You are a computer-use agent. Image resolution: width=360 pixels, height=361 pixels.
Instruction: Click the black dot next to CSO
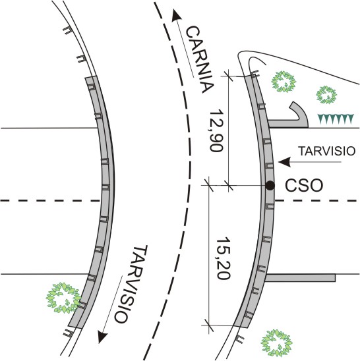point(270,185)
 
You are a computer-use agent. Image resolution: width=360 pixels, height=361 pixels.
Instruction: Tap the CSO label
point(304,186)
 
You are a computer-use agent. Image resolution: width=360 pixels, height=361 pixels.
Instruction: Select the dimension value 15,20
point(223,258)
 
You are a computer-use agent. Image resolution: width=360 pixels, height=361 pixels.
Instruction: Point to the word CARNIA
point(200,59)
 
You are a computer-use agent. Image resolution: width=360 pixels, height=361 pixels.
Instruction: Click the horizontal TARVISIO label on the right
point(327,151)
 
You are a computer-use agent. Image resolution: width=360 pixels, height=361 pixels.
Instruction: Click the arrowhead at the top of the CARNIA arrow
point(175,15)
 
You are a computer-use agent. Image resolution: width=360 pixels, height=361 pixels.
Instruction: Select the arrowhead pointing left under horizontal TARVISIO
point(284,162)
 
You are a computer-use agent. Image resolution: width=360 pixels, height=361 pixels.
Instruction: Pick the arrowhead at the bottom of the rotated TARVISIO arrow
point(102,337)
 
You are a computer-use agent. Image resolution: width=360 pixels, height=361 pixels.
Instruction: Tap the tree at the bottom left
point(63,298)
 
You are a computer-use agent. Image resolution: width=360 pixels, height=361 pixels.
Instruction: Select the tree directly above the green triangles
point(326,94)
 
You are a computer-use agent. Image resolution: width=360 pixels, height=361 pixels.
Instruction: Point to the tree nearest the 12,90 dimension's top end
point(284,82)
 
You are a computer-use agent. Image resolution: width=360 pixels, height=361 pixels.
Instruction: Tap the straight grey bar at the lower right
point(300,277)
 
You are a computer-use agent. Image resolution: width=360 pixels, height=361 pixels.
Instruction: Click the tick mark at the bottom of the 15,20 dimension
point(209,325)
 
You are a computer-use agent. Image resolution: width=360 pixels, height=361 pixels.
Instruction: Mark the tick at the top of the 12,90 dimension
point(228,76)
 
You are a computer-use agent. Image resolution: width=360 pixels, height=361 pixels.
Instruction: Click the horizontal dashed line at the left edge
point(50,200)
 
